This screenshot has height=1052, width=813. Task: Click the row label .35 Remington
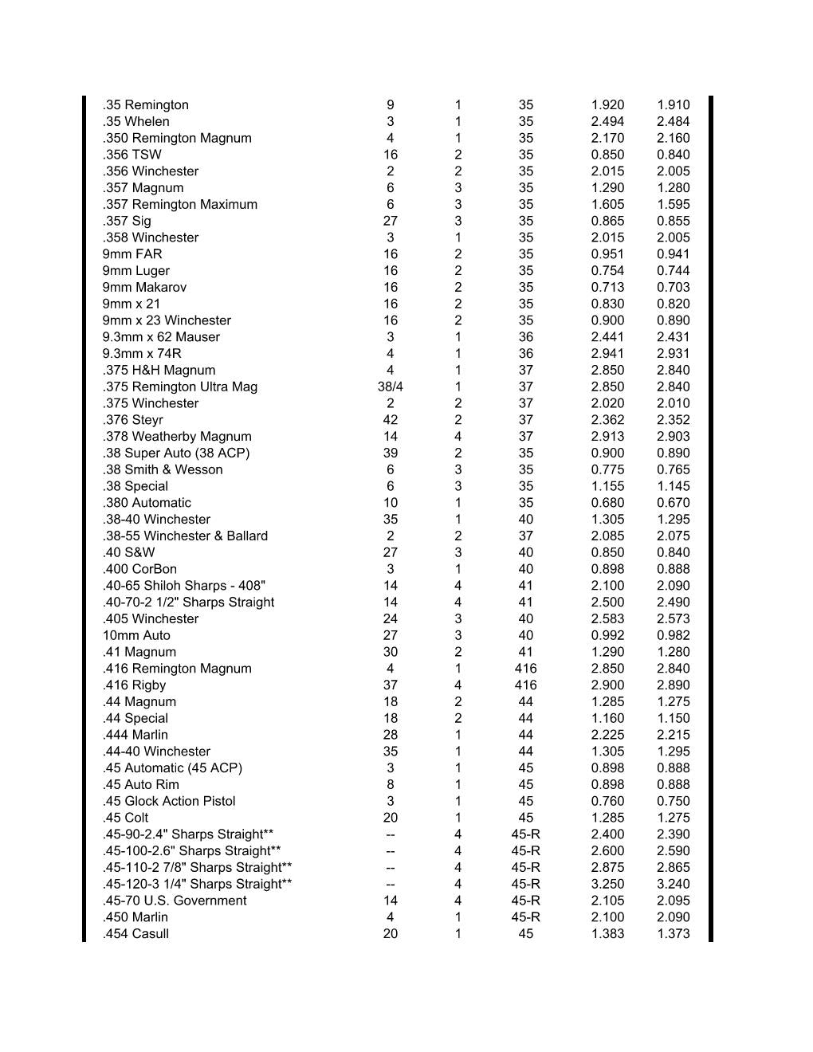click(x=145, y=104)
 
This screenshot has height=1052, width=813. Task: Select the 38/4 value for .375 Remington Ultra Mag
click(x=390, y=387)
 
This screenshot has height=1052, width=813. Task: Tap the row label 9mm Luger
click(x=135, y=270)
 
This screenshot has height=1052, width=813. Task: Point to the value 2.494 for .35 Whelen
click(x=607, y=121)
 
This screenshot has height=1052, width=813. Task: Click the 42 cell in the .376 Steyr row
click(x=390, y=419)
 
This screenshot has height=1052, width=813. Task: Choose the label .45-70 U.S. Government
click(x=174, y=901)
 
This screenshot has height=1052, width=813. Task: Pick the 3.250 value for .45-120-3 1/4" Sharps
click(x=607, y=884)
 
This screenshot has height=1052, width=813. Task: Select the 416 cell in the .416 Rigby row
click(x=525, y=685)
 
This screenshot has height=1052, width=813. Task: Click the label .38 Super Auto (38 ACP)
click(x=175, y=453)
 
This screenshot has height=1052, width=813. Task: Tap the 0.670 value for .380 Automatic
click(x=673, y=503)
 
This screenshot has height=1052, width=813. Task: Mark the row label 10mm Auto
click(x=135, y=635)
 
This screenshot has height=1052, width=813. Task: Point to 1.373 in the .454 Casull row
click(x=673, y=933)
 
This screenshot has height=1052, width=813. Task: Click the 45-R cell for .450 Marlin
click(x=525, y=917)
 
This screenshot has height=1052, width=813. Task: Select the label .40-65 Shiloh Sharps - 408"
click(x=183, y=586)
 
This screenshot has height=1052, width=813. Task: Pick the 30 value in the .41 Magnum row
click(x=390, y=652)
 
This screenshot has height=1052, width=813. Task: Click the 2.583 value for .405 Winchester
click(x=607, y=618)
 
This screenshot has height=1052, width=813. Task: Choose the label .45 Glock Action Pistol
click(x=168, y=801)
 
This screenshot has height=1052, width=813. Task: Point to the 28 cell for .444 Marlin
click(x=390, y=735)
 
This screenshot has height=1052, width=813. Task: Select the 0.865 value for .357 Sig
click(x=607, y=221)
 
